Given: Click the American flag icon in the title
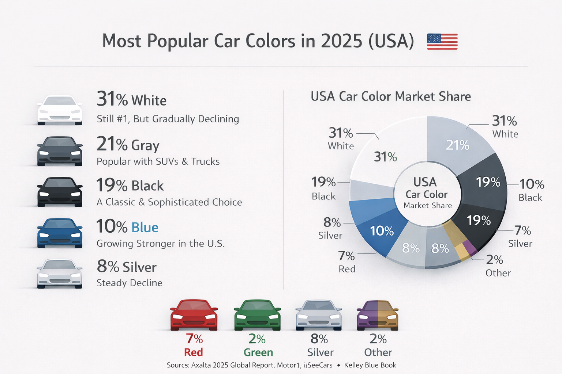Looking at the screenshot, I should [442, 41].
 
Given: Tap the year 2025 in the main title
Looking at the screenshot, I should [341, 41].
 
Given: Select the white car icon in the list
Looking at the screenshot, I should [60, 110].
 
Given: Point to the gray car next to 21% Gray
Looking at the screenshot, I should [60, 151].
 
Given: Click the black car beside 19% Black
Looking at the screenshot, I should [60, 192].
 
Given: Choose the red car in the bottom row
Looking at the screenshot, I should [194, 315].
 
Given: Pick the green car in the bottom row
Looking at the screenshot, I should [257, 315].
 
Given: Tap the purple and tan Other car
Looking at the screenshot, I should [377, 315].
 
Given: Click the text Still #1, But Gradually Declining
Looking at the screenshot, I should [168, 119].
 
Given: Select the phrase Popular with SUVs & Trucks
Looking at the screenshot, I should [158, 161].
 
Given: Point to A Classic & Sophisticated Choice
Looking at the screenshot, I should [169, 202].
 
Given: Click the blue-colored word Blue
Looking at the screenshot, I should [145, 228].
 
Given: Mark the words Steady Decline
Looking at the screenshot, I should [129, 283].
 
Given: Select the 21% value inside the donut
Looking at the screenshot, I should [457, 145].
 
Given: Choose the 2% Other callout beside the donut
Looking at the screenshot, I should [498, 266].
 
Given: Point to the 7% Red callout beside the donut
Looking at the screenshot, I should [346, 262].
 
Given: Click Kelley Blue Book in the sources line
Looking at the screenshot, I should [370, 365].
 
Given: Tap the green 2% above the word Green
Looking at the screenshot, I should [257, 339].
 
